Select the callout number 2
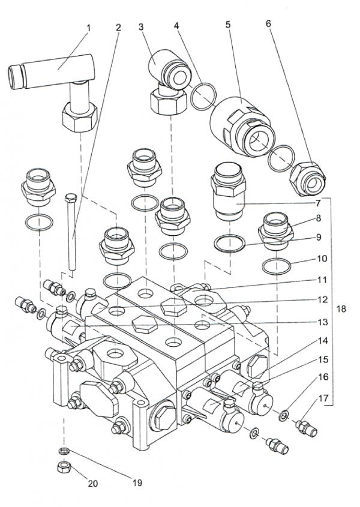tap(118, 29)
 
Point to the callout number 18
tap(341, 310)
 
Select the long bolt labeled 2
tap(72, 234)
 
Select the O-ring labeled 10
tap(277, 264)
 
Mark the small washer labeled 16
tap(284, 415)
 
